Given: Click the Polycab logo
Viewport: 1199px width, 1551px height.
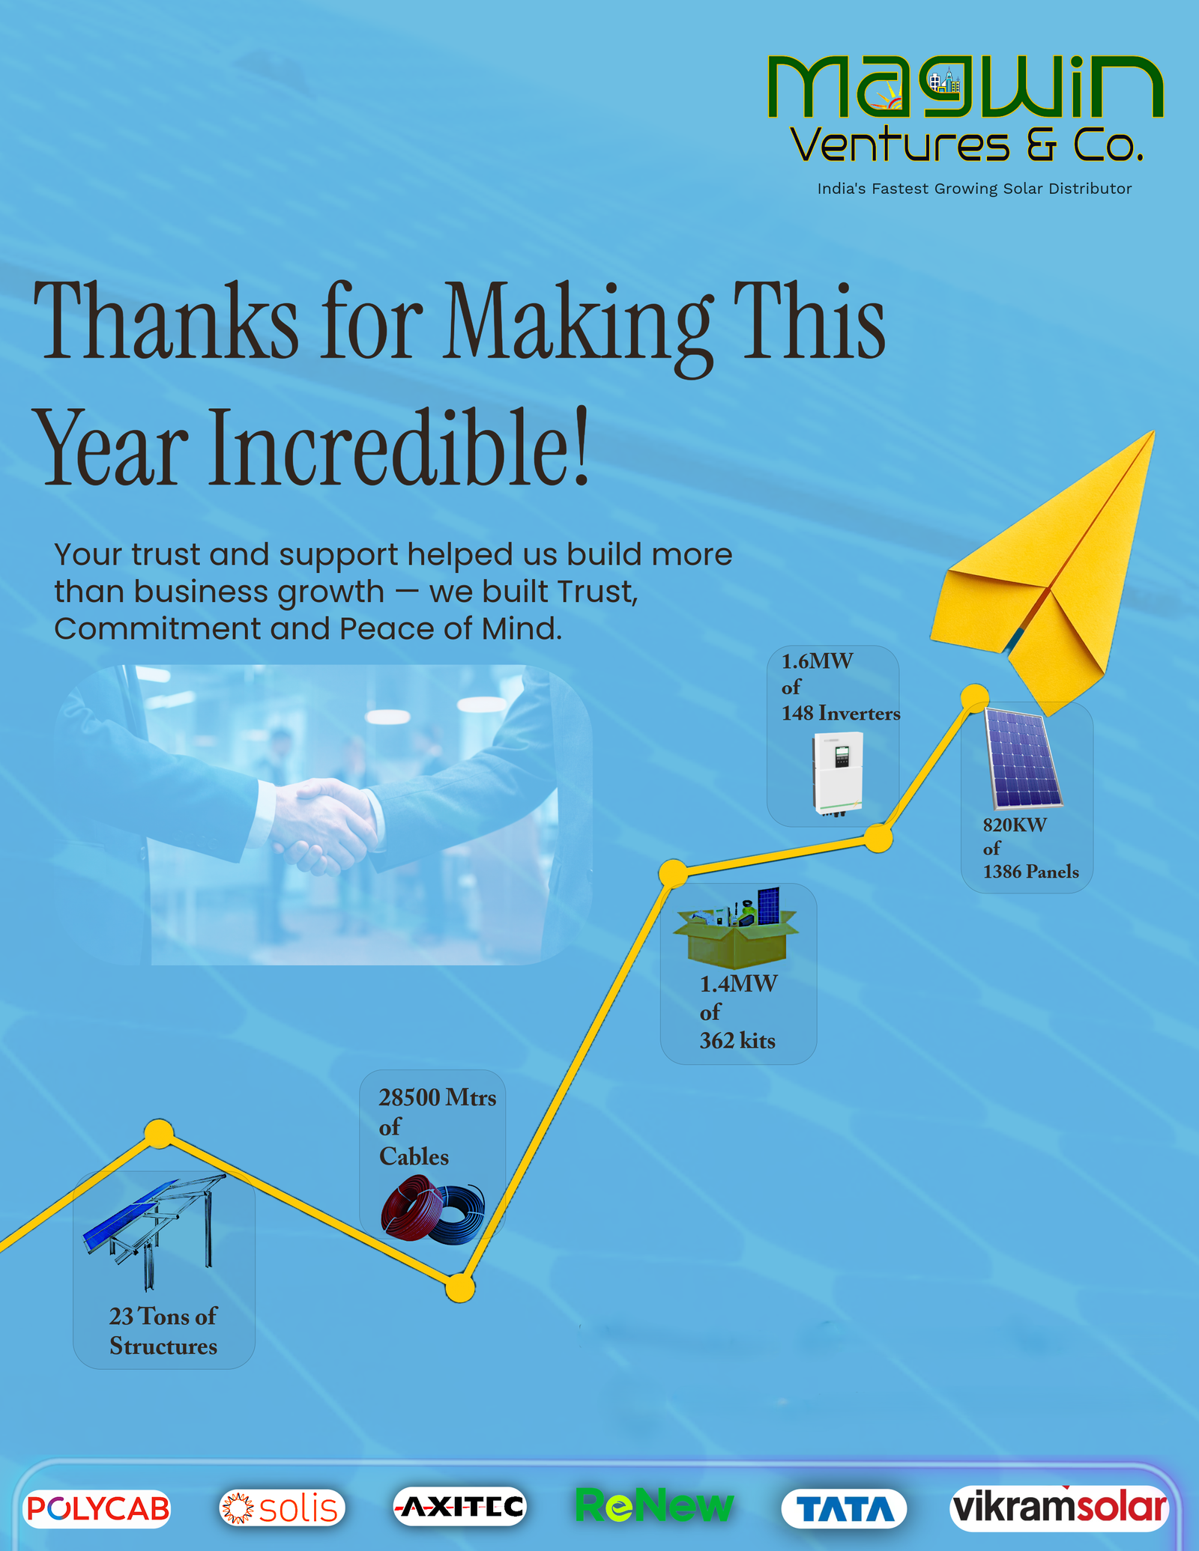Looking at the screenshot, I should pos(97,1508).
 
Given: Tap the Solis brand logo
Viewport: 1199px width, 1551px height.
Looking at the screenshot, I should pos(283,1508).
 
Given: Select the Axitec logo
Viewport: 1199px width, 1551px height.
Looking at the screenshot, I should pos(460,1507).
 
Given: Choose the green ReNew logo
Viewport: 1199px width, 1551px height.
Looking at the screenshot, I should pos(653,1505).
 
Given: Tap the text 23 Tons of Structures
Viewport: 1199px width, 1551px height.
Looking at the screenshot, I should pos(163,1331).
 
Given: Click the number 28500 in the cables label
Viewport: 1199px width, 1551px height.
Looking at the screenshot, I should pos(409,1098).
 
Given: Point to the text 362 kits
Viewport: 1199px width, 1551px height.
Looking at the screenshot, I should pos(737,1041).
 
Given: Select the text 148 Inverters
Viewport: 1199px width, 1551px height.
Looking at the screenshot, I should pos(841,713).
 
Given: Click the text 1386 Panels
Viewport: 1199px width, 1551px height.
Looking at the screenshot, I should pos(1031,872).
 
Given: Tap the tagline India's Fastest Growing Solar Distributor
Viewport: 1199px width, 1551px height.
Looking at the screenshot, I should pos(974,189).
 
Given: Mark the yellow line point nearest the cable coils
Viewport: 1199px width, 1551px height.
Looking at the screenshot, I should pos(460,1288).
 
